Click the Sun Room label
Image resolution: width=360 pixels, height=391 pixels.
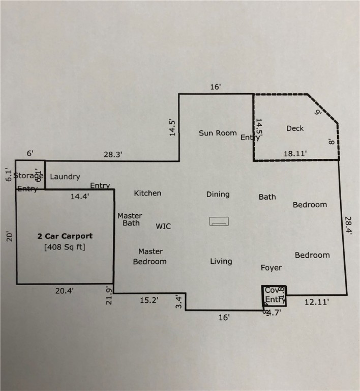(218, 133)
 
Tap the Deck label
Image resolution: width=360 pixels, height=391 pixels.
(295, 128)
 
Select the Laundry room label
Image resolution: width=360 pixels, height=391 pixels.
(65, 177)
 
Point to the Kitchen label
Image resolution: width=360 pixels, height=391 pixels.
(147, 193)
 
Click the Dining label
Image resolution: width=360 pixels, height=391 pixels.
(218, 194)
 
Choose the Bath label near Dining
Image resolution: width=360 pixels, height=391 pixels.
(267, 197)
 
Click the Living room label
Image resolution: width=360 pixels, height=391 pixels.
(221, 261)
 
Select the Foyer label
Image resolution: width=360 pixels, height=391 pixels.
(271, 267)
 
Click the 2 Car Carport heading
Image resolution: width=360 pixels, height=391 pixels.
(65, 236)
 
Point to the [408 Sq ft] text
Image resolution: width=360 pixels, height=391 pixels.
(65, 248)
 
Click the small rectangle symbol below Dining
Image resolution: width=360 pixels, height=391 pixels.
(219, 221)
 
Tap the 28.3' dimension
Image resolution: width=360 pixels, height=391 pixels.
(112, 154)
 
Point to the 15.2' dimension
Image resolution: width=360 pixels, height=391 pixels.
(149, 300)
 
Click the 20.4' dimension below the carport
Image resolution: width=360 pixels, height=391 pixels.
(65, 291)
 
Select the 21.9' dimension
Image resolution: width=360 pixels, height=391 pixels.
(108, 295)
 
